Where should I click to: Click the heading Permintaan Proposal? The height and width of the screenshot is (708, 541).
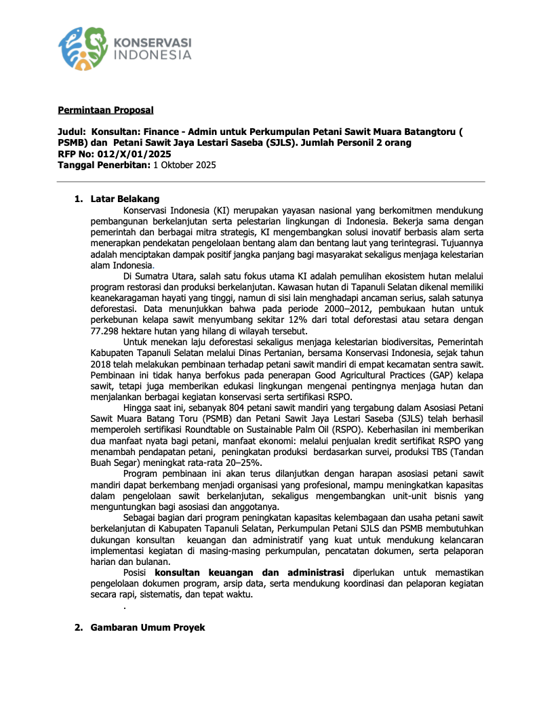click(x=105, y=110)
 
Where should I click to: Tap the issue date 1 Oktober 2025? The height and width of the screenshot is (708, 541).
click(x=184, y=165)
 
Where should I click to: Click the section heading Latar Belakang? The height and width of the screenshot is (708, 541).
click(x=125, y=199)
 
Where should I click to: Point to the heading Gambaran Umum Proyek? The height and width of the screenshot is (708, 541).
click(x=148, y=628)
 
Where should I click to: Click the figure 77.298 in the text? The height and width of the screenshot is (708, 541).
click(x=106, y=330)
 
